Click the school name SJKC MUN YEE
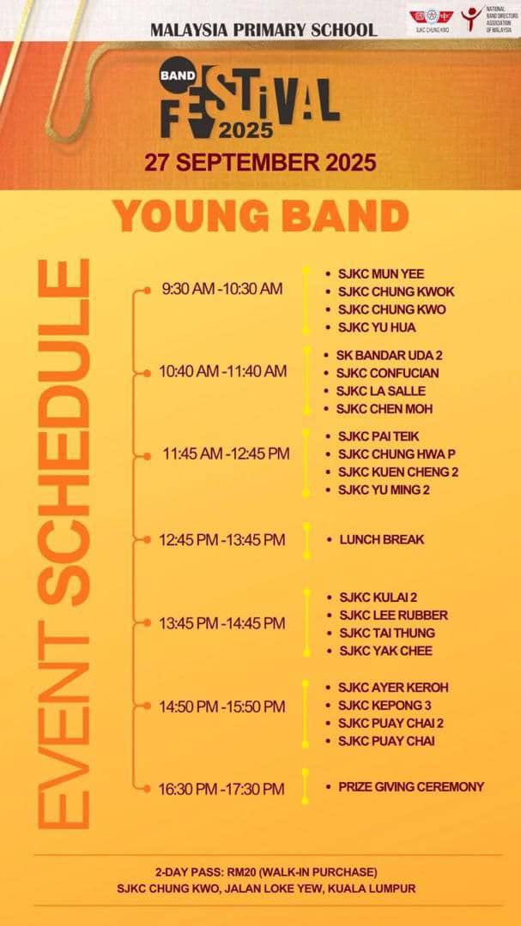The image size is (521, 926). point(380,274)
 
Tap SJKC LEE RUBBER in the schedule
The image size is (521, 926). point(393,615)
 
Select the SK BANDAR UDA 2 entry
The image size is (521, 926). point(383,355)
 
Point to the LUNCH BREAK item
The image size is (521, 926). point(381,539)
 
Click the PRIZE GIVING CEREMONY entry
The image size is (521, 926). point(410,786)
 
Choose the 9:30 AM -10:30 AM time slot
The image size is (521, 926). point(222,289)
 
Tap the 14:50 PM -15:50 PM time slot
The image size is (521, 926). point(222,707)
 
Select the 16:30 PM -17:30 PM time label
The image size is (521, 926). point(221,789)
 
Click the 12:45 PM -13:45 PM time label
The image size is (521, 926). point(222,540)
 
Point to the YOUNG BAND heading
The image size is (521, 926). point(262,215)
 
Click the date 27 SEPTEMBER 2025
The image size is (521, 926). point(260,162)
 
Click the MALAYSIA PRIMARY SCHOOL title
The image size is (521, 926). point(264,29)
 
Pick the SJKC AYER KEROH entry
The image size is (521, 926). point(392,687)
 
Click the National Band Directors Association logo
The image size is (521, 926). point(487,18)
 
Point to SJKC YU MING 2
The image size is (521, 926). point(384,490)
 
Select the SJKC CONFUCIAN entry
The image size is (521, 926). point(387,373)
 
